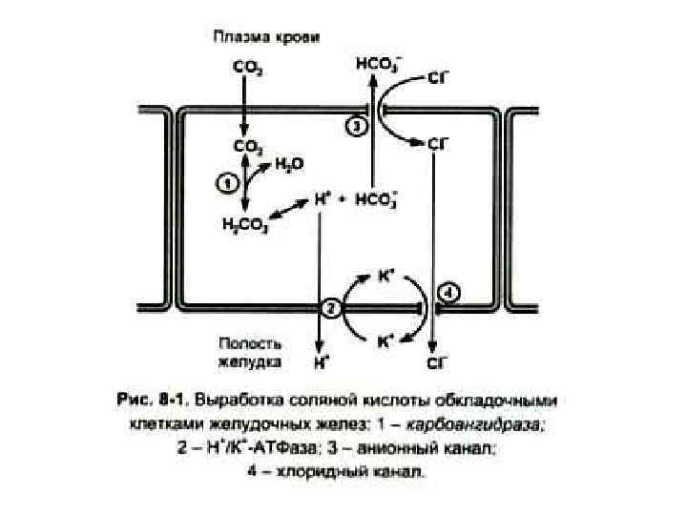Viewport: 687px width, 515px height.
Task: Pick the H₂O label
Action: point(289,164)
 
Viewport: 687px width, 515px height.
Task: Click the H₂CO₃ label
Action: point(244,225)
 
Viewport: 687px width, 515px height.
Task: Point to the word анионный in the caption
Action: point(437,442)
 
